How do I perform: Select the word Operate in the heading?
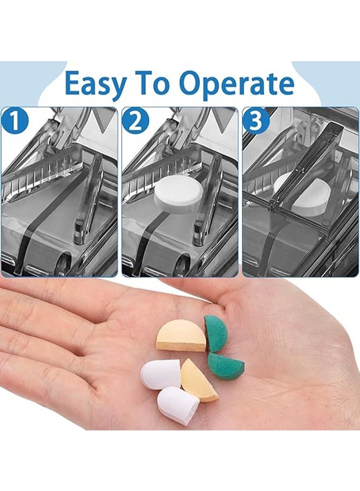click(x=238, y=84)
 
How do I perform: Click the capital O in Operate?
click(x=193, y=83)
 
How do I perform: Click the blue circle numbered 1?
click(x=14, y=121)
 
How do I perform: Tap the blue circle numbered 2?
click(x=136, y=121)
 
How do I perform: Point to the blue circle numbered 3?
click(x=256, y=121)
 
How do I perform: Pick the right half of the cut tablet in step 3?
click(x=310, y=196)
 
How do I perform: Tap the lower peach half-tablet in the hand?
click(x=198, y=380)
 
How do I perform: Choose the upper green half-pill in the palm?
click(x=217, y=333)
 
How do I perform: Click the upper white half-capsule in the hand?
click(x=160, y=374)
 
